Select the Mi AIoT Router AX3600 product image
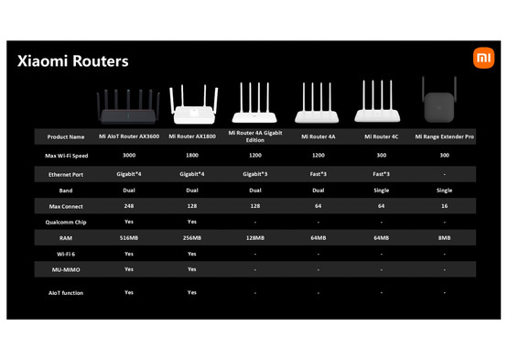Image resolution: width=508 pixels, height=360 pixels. tap(129, 106)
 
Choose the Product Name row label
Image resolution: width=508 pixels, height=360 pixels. tap(65, 136)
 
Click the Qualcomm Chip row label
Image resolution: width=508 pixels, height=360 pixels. tap(65, 221)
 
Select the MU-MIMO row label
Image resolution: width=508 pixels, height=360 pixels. tap(65, 269)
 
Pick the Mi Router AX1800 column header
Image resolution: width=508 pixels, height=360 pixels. tap(192, 136)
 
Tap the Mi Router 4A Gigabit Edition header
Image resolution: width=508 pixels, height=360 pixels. tap(255, 136)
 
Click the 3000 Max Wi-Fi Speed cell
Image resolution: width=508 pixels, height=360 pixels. tap(129, 155)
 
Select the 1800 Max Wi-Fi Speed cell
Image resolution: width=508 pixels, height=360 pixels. tap(192, 155)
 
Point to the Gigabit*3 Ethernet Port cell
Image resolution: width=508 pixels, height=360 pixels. tap(255, 172)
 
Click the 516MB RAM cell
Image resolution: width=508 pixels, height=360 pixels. tap(129, 237)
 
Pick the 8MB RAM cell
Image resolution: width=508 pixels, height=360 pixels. tap(445, 237)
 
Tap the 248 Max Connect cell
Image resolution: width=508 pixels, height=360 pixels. tap(129, 205)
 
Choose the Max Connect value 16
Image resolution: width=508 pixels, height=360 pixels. tap(445, 205)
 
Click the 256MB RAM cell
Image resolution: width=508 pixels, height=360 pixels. tap(192, 237)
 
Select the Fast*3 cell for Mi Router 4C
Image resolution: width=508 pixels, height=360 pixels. tap(382, 172)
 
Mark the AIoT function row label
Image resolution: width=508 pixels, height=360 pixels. tap(65, 292)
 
